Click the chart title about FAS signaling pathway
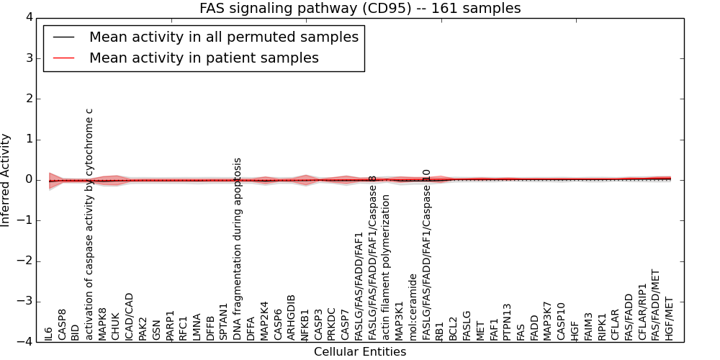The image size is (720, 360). tap(360, 9)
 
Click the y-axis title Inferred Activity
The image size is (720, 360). tap(6, 180)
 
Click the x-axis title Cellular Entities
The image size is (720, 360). tap(360, 352)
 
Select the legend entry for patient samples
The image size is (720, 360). tap(204, 58)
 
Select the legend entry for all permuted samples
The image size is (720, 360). tap(224, 37)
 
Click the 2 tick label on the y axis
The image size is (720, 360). tap(28, 99)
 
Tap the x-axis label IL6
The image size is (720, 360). tap(49, 333)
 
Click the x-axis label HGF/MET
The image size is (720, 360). tap(670, 319)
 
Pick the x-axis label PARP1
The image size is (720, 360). tap(170, 325)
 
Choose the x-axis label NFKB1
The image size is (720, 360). tap(305, 325)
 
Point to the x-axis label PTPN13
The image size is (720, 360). tap(508, 322)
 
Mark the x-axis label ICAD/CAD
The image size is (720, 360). tap(130, 316)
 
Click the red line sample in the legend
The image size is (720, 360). tap(63, 58)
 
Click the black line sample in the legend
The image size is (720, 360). tap(63, 37)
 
